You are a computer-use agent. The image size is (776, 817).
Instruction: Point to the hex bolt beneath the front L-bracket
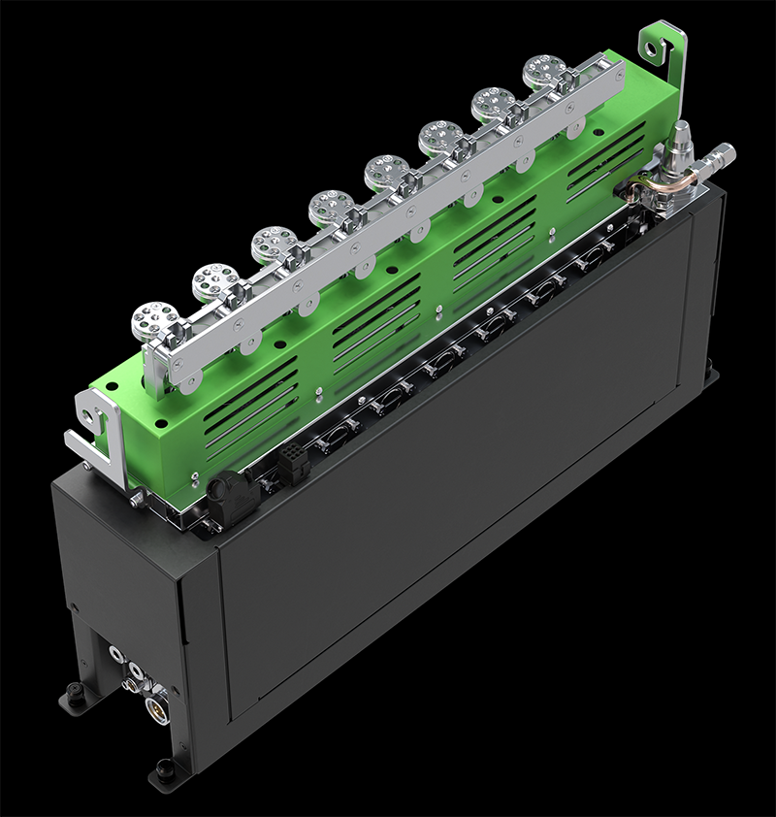coord(137,497)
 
